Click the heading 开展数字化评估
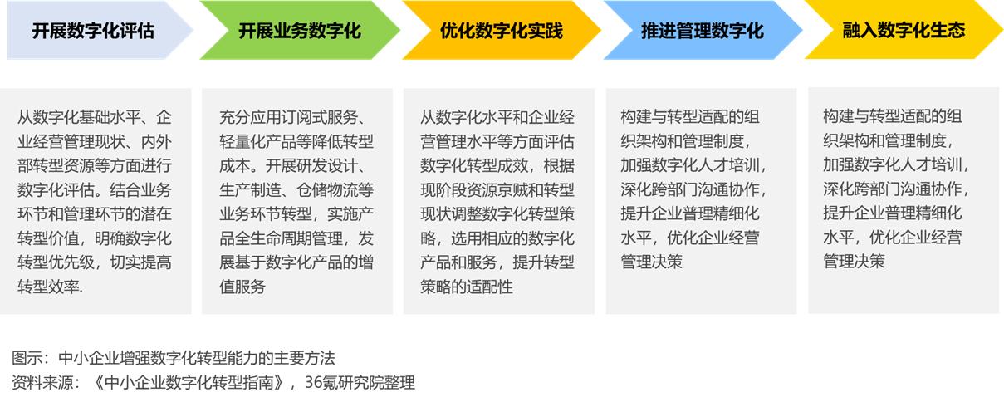click(93, 31)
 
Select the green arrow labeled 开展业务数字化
click(300, 30)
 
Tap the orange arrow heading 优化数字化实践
click(501, 30)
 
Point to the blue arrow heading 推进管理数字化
click(703, 30)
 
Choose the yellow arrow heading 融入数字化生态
click(904, 30)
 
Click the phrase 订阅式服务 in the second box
click(320, 117)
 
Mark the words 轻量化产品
click(257, 142)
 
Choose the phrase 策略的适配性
click(466, 287)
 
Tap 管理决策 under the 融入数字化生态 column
click(854, 262)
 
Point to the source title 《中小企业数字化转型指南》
click(189, 382)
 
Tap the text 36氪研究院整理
click(360, 382)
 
